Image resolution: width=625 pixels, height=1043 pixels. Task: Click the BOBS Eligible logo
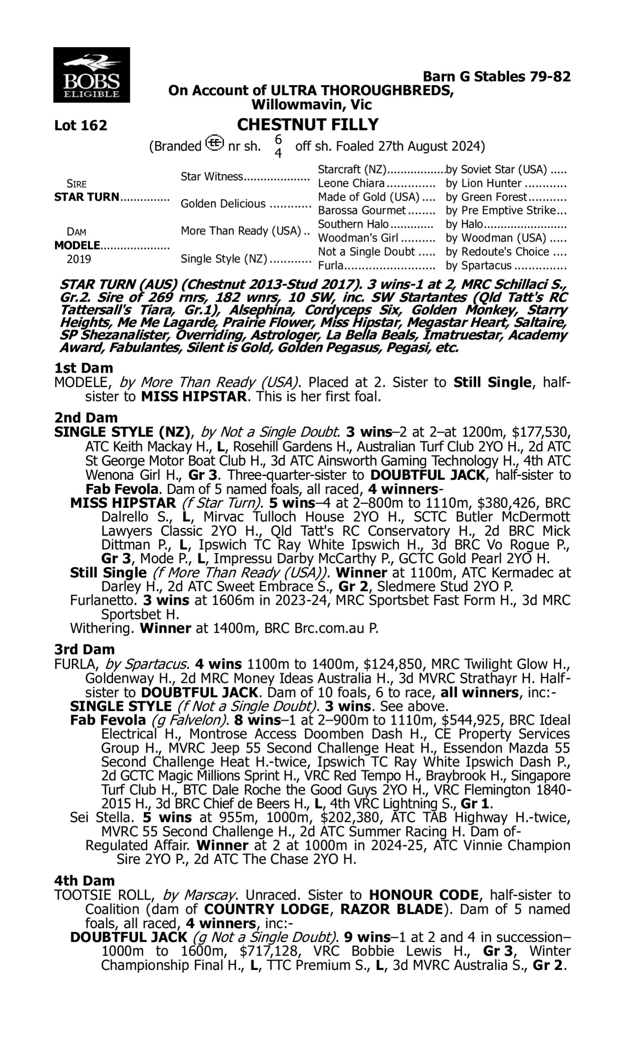(x=91, y=75)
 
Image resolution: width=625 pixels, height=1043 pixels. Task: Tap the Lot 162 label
(x=80, y=125)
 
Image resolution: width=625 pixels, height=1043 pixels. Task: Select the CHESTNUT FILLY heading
(x=307, y=124)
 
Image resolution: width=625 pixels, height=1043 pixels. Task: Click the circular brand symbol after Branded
(x=215, y=144)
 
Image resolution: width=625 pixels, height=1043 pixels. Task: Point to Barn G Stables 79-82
(x=497, y=76)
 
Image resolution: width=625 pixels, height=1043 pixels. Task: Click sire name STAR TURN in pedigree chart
(x=87, y=197)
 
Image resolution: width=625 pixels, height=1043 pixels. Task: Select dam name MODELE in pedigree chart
(x=77, y=245)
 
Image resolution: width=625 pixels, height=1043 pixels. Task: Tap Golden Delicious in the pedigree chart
(x=223, y=204)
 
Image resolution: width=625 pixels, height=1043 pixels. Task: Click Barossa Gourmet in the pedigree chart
(x=362, y=210)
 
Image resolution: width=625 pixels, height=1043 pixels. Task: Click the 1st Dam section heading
(x=83, y=368)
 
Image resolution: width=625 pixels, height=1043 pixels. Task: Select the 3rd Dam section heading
(x=84, y=649)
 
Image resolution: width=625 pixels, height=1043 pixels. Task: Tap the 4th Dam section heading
(x=84, y=881)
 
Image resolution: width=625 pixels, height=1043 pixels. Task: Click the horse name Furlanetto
(x=105, y=600)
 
